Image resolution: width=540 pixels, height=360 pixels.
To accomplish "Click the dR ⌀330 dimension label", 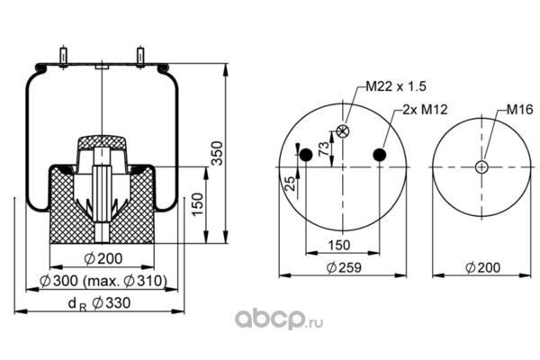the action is point(99,303).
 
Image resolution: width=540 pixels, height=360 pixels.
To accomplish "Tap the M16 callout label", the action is point(518,109).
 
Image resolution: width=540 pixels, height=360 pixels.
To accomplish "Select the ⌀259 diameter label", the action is point(342,266).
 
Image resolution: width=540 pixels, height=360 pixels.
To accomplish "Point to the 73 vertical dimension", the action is point(322,148).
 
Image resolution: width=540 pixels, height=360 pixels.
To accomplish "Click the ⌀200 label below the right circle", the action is point(484,266).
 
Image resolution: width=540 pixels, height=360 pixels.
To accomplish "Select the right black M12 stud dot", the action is point(380,155).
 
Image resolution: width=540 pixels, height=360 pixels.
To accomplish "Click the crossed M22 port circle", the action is point(343,130).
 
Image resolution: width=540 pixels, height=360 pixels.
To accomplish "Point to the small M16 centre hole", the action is point(482,166).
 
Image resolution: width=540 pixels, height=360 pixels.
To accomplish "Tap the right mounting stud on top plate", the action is point(141,56).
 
